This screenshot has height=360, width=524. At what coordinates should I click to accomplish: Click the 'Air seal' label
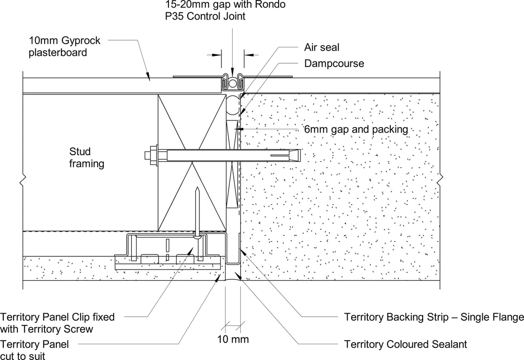(321, 47)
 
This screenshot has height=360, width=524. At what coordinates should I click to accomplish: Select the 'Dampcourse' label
(334, 63)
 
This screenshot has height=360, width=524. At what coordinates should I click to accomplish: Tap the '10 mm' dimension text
(233, 339)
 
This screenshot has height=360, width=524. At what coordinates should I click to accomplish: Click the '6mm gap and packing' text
(356, 129)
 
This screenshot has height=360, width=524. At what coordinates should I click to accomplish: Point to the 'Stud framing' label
(86, 157)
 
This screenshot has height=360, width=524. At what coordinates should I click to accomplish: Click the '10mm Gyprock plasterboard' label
(65, 46)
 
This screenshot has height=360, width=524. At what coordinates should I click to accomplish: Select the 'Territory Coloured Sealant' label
(405, 345)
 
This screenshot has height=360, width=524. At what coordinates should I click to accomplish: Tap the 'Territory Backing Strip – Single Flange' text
(433, 317)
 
